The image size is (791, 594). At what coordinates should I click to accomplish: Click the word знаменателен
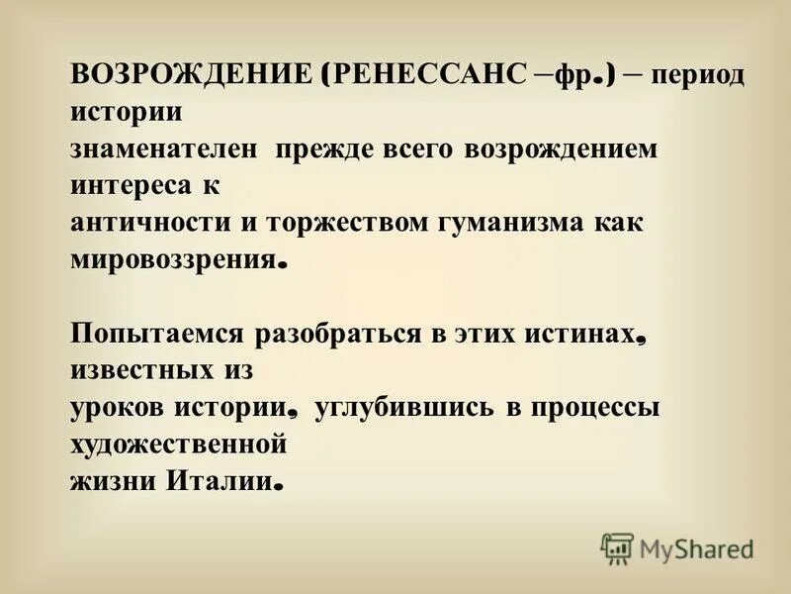pyautogui.click(x=164, y=148)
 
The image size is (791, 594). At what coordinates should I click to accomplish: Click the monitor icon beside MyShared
pyautogui.click(x=617, y=547)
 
